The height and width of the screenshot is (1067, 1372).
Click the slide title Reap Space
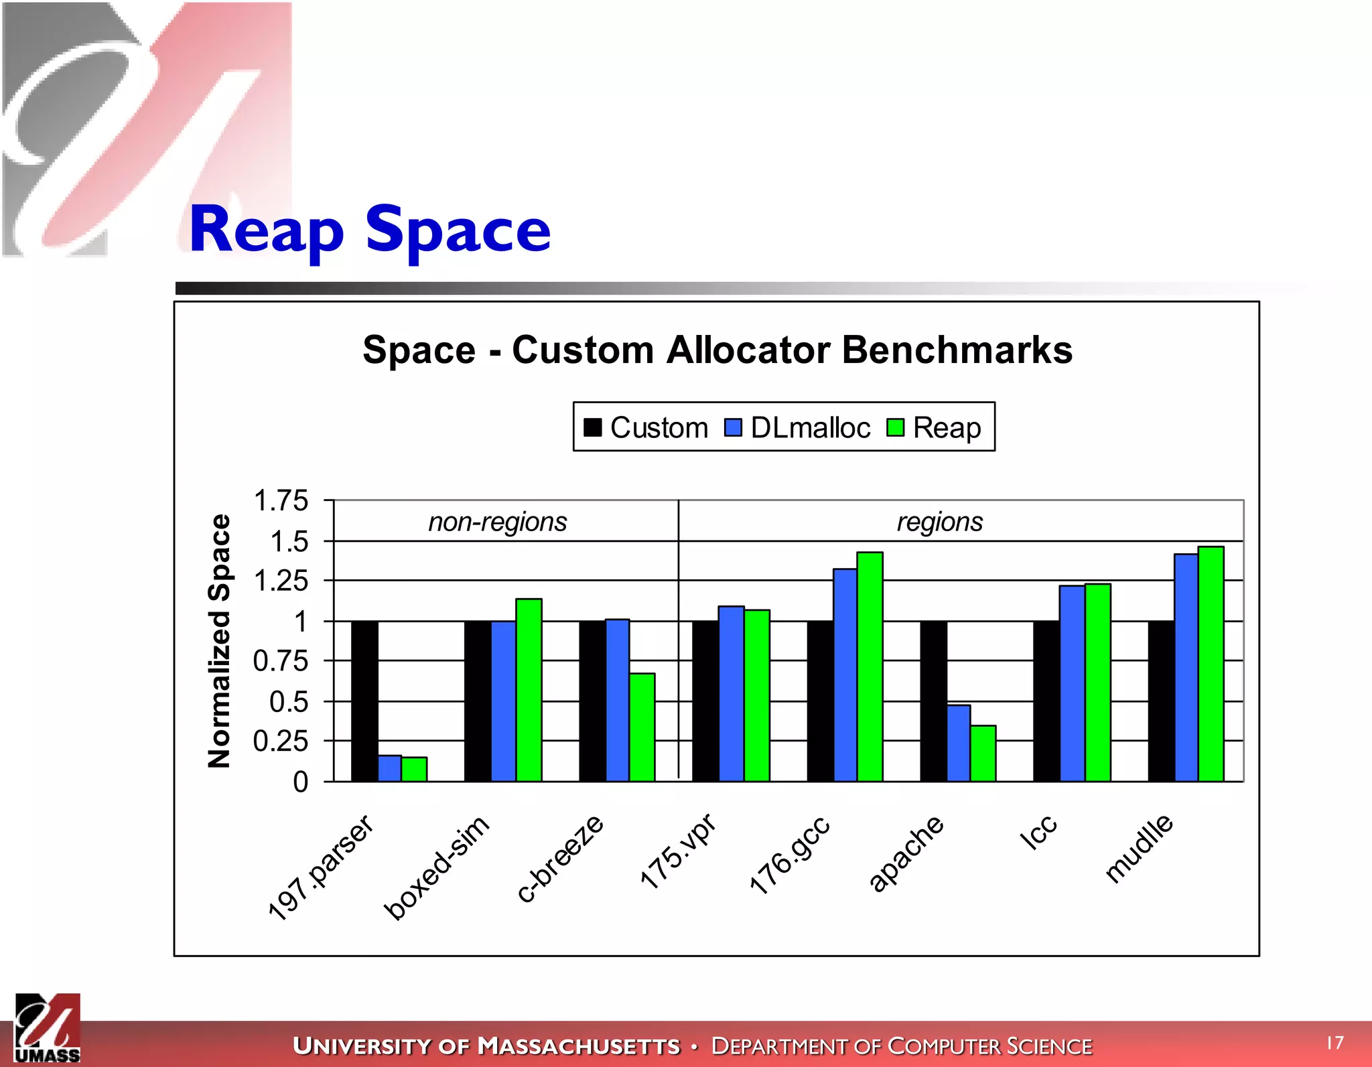coord(370,230)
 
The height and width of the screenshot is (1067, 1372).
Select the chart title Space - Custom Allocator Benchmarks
coord(717,350)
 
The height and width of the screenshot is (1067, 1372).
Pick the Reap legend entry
coord(935,427)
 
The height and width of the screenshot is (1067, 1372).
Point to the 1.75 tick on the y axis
coord(281,500)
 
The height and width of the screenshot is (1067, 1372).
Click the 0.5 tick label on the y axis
coord(288,701)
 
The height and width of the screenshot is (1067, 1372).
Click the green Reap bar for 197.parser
coord(414,769)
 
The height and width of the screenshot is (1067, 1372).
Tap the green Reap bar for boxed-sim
coord(529,690)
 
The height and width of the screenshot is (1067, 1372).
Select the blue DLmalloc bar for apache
coord(959,743)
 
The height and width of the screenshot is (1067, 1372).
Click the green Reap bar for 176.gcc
coord(870,666)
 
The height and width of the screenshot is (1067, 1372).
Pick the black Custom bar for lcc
coord(1046,701)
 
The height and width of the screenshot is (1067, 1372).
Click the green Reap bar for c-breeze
coord(642,727)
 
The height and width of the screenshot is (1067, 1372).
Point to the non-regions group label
coord(497,522)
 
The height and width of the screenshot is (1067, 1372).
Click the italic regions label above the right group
coord(939,522)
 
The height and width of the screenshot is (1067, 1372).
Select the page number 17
coord(1334,1042)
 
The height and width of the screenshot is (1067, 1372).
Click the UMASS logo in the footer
coord(48,1029)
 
